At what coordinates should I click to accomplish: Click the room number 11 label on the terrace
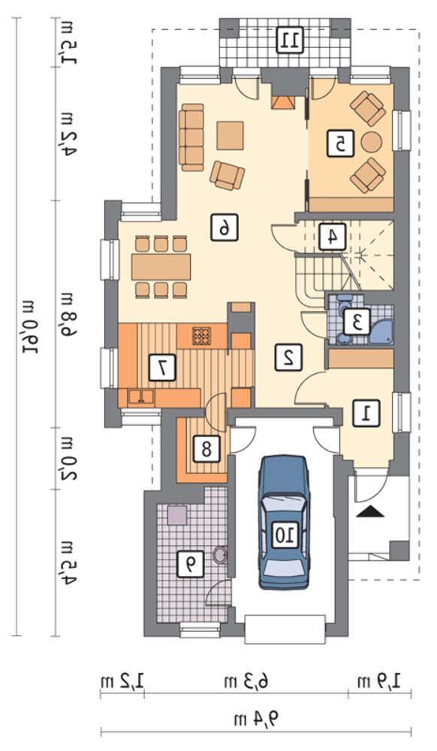pyautogui.click(x=291, y=41)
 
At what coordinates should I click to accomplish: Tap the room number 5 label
pyautogui.click(x=341, y=143)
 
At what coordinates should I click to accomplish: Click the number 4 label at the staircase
pyautogui.click(x=331, y=237)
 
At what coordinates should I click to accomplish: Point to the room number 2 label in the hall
pyautogui.click(x=288, y=357)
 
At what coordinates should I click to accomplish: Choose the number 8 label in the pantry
pyautogui.click(x=206, y=449)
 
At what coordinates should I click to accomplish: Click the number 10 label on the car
pyautogui.click(x=286, y=534)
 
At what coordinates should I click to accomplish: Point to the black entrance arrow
pyautogui.click(x=370, y=512)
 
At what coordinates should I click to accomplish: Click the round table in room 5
pyautogui.click(x=372, y=142)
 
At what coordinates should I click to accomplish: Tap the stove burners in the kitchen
pyautogui.click(x=201, y=336)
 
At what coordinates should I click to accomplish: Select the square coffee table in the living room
pyautogui.click(x=231, y=136)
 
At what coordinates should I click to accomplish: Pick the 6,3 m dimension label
pyautogui.click(x=246, y=680)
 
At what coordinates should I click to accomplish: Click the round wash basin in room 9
pyautogui.click(x=220, y=556)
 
